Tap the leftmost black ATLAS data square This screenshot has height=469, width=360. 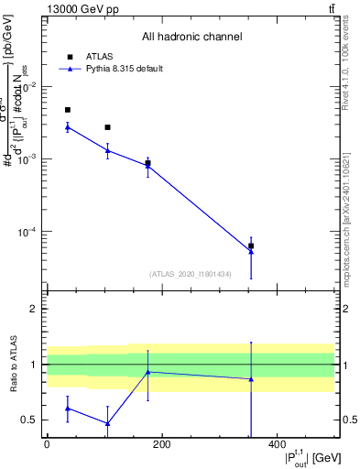pyautogui.click(x=68, y=110)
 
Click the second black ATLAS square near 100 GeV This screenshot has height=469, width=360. pyautogui.click(x=107, y=127)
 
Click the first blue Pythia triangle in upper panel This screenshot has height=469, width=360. pyautogui.click(x=68, y=126)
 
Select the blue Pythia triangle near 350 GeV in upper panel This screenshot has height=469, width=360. pyautogui.click(x=251, y=250)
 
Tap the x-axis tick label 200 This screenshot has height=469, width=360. pyautogui.click(x=161, y=444)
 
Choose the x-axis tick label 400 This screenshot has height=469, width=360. pyautogui.click(x=276, y=444)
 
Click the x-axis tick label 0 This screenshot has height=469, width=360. pyautogui.click(x=47, y=444)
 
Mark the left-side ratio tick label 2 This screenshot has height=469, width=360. pyautogui.click(x=34, y=309)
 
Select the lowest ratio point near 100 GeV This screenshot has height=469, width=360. pyautogui.click(x=107, y=423)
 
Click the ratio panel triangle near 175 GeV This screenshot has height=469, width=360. pyautogui.click(x=147, y=372)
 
